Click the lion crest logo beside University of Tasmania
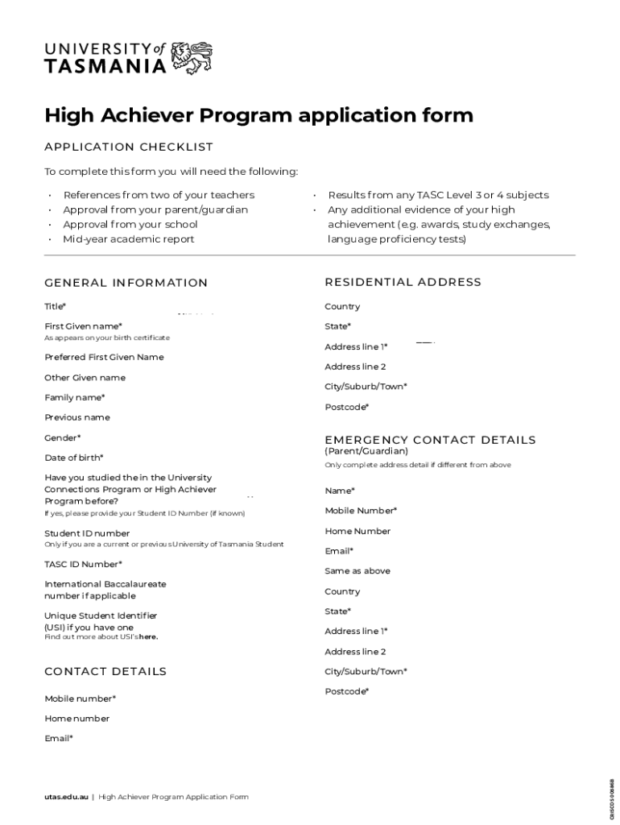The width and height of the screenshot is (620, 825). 192,58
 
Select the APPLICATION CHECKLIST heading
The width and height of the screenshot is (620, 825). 129,147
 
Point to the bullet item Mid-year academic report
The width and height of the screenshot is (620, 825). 129,239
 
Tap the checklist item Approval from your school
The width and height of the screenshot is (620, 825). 130,225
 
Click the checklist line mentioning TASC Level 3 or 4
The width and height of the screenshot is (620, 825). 438,195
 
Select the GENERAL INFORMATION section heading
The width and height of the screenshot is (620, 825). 126,283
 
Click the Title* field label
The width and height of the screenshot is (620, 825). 55,307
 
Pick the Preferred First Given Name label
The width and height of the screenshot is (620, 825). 104,357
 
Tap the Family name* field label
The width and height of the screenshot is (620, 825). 74,398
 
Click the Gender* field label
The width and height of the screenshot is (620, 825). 62,438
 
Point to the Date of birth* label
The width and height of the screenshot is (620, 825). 73,458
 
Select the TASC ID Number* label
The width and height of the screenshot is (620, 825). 83,564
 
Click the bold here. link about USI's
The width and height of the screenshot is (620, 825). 148,637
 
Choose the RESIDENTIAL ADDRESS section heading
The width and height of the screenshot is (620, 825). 403,282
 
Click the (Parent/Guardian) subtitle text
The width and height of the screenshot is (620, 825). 366,451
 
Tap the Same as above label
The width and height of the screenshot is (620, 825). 358,571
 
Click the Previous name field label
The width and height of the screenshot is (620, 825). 77,417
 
